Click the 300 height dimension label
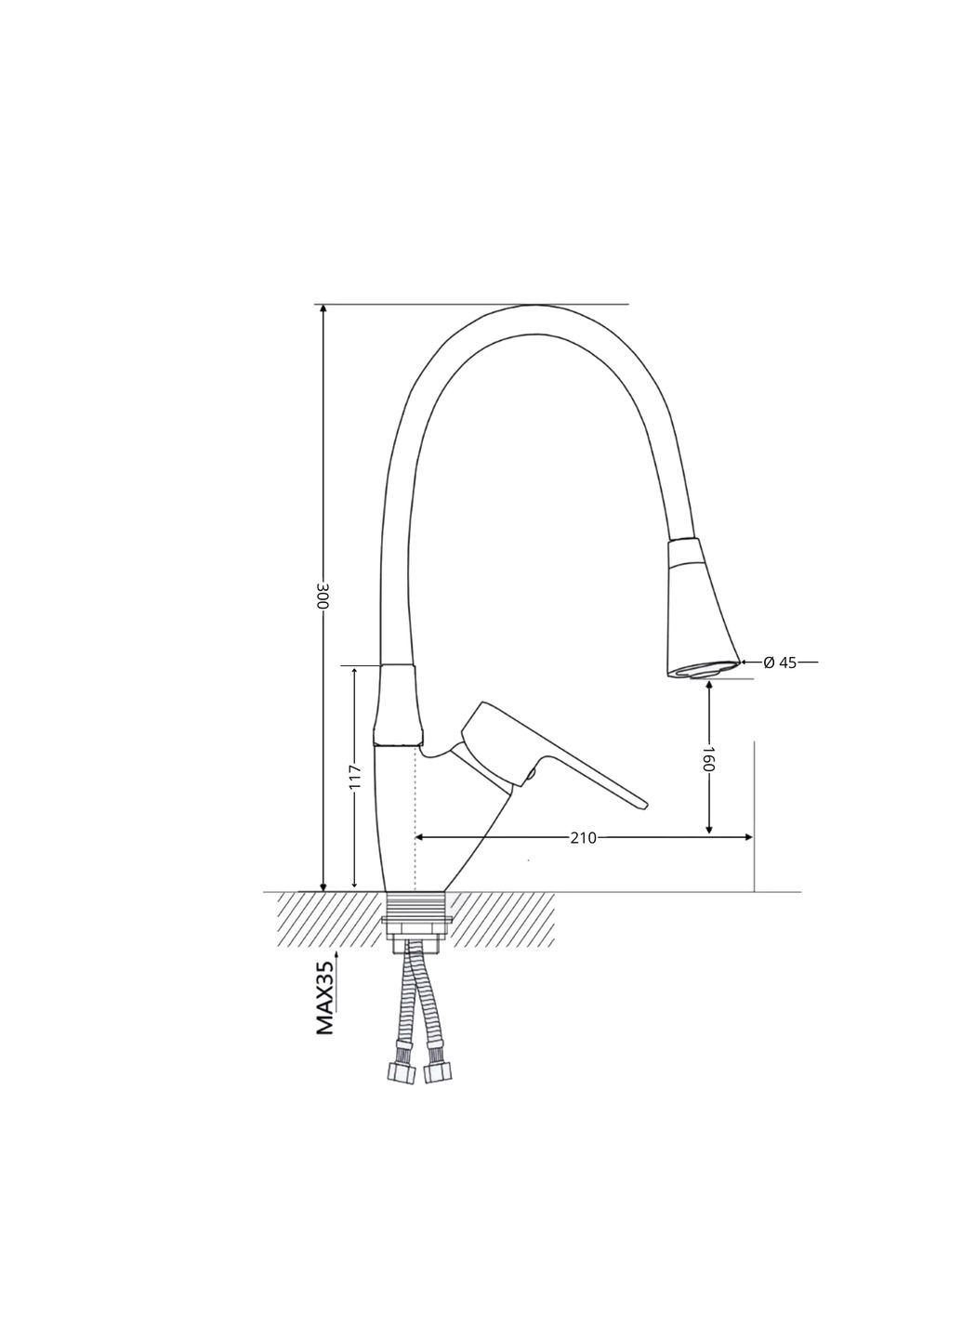pyautogui.click(x=323, y=596)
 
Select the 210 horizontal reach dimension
pyautogui.click(x=583, y=837)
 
